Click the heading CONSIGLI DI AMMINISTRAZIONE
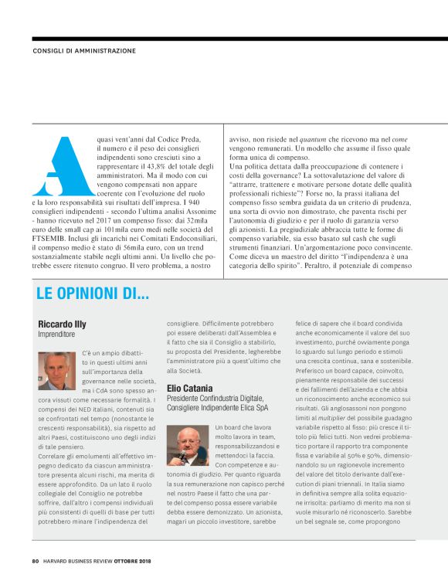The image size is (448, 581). click(x=84, y=51)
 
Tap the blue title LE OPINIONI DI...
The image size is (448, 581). click(x=93, y=294)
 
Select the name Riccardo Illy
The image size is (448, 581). click(x=64, y=324)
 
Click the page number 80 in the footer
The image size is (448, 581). click(x=36, y=561)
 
